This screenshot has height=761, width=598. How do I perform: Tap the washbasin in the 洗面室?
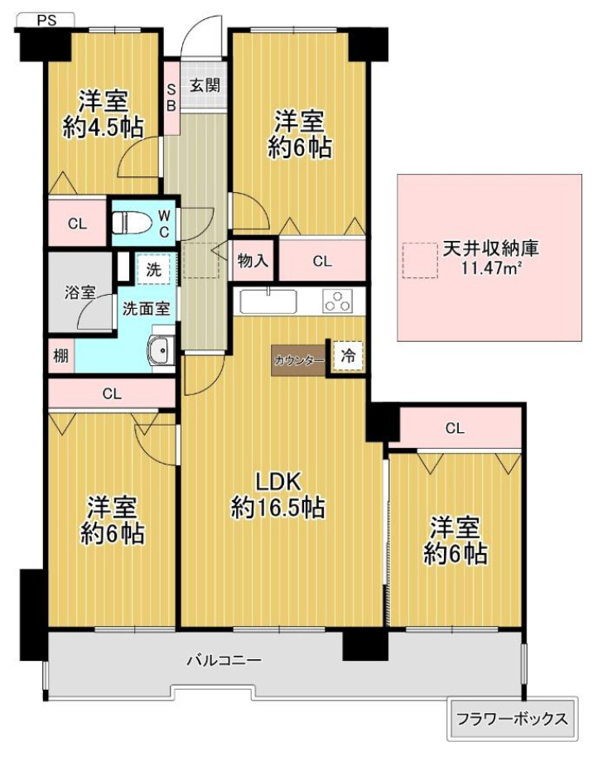159,349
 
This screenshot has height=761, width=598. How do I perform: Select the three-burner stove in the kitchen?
338,301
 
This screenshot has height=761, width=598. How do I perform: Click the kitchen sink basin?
268,301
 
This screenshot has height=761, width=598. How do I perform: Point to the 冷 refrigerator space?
348,357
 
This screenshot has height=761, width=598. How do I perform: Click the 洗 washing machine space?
153,269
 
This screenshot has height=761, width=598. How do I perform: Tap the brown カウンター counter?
299,360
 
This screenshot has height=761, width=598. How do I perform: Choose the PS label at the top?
46,21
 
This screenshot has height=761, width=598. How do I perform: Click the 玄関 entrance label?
205,86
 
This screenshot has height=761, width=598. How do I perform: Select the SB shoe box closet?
171,98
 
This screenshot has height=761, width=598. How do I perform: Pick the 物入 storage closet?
253,261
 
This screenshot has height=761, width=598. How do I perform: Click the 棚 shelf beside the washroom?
61,356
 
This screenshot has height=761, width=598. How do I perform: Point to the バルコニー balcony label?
224,660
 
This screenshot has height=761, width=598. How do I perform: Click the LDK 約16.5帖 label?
278,495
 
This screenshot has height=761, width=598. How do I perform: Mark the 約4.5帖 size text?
103,128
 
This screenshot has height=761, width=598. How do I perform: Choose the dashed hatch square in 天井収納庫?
420,261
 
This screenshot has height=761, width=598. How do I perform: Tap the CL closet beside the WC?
78,224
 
